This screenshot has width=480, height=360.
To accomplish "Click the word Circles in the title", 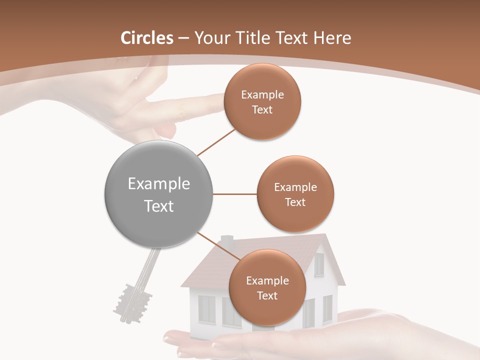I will click(147, 38).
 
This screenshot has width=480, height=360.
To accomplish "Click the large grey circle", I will click(159, 194).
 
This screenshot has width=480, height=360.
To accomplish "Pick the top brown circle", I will click(262, 102).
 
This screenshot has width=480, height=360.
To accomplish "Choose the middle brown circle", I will click(295, 194).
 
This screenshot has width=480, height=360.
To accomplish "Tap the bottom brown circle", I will click(267, 288).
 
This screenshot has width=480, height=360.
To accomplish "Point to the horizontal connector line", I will click(234, 194).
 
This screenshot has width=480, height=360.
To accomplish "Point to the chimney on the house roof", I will click(227, 242).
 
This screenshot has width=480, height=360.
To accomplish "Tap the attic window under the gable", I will click(318, 264).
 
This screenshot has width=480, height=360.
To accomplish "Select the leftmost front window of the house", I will click(206, 308).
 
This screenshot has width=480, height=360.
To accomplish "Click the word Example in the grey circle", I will click(159, 184).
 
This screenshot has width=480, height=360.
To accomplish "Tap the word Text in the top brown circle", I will click(262, 110).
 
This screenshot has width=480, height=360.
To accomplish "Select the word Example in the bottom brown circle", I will click(267, 280).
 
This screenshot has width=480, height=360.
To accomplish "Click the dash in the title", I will click(183, 38).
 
